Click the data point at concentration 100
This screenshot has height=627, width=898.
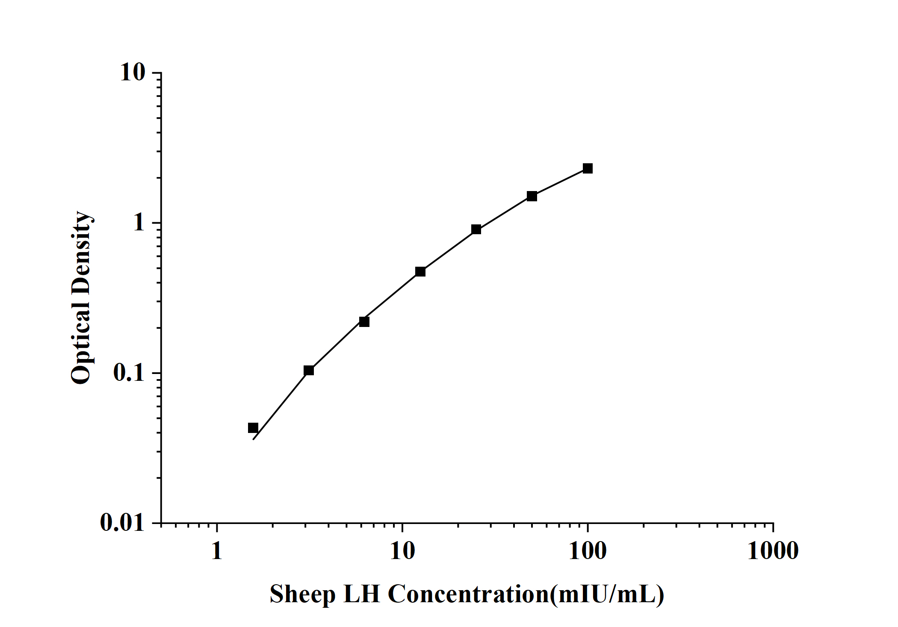(x=588, y=168)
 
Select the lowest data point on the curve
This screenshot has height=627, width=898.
(x=253, y=428)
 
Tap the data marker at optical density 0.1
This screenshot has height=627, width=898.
(x=309, y=370)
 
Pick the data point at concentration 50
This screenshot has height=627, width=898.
(x=532, y=196)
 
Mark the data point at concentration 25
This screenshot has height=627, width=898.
(x=476, y=230)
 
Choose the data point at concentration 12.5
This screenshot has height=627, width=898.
(x=420, y=271)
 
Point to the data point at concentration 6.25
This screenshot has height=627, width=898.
(x=364, y=322)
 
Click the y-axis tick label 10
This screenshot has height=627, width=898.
(x=133, y=73)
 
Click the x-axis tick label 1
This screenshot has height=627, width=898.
(x=217, y=551)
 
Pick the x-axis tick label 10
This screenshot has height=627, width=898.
(x=402, y=551)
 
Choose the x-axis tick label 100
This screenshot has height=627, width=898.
(x=588, y=551)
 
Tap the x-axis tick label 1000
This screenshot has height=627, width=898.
(x=773, y=551)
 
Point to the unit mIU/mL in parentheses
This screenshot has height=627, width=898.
(x=607, y=595)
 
